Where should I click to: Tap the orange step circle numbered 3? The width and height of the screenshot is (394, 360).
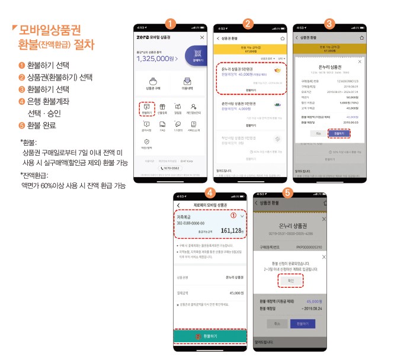pos(329,24)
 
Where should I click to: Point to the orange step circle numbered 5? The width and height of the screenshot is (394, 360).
pos(287,192)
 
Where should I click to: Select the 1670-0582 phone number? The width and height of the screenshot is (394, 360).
pos(171,168)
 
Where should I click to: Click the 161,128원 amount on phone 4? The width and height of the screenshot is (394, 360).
pos(227,230)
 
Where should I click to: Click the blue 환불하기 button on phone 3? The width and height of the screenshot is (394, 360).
pos(338,134)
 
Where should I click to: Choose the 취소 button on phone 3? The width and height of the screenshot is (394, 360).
pos(318,134)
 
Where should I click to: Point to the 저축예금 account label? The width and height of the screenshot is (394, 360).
pos(184,217)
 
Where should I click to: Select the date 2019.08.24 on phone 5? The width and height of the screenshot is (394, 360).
pos(312,308)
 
